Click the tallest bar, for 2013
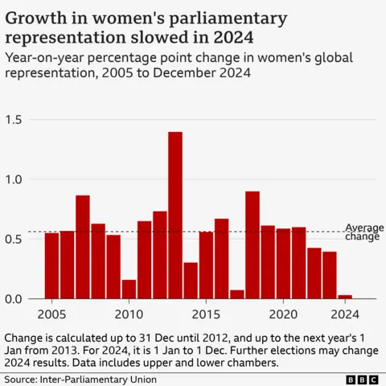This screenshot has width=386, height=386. click(175, 215)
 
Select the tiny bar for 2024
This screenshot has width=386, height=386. click(345, 297)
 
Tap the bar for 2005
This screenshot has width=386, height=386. click(51, 265)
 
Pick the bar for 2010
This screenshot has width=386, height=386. click(129, 289)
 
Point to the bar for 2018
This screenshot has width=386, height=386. click(252, 244)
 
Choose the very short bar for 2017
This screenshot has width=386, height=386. click(236, 294)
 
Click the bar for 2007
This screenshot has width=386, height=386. click(82, 246)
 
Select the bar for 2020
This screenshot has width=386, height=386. click(283, 263)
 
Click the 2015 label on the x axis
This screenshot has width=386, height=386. click(206, 314)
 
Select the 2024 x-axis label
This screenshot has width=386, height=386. click(345, 314)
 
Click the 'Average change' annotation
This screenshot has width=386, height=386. click(364, 232)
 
